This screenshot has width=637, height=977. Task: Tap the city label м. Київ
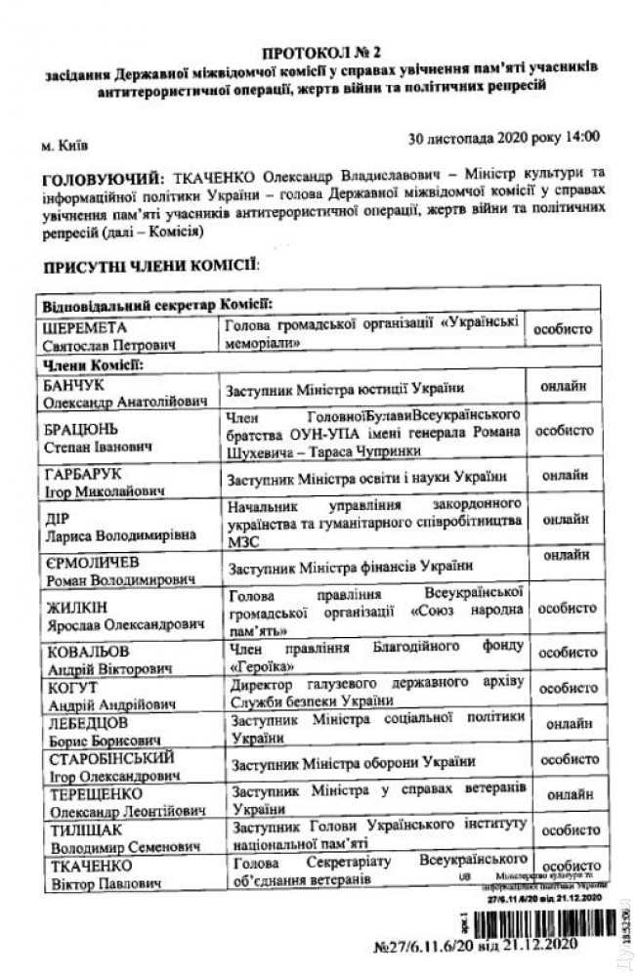coord(64,147)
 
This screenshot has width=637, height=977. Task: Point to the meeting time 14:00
coord(579,139)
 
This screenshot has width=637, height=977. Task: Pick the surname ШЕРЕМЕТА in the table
coord(82,328)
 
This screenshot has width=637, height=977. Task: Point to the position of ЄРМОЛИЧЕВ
coord(350,567)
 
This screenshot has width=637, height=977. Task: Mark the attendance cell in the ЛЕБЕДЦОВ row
coord(565,725)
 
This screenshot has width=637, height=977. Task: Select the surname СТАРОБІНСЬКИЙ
coord(109,758)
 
